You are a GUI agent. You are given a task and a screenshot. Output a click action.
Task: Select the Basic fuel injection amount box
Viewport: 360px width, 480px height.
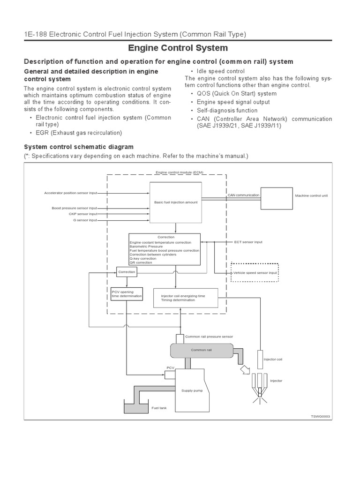pyautogui.click(x=176, y=202)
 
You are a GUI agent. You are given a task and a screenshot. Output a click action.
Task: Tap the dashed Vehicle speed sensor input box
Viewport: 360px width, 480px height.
pyautogui.click(x=255, y=272)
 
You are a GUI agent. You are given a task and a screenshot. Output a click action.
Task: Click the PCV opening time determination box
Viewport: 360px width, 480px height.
pyautogui.click(x=126, y=294)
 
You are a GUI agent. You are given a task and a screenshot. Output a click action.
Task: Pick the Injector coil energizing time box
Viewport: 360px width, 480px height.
pyautogui.click(x=185, y=298)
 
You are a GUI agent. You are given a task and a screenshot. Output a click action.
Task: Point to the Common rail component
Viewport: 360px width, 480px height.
pyautogui.click(x=201, y=350)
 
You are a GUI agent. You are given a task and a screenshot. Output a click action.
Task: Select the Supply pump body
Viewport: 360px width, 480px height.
pyautogui.click(x=189, y=389)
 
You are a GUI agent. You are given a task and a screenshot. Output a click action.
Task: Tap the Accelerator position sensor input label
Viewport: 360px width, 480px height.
pyautogui.click(x=70, y=193)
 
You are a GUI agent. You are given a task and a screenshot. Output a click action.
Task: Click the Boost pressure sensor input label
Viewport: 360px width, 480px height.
pyautogui.click(x=74, y=208)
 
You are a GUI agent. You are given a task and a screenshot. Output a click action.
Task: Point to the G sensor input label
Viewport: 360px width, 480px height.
pyautogui.click(x=84, y=219)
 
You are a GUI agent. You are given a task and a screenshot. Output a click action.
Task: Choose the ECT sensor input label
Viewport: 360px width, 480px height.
pyautogui.click(x=248, y=242)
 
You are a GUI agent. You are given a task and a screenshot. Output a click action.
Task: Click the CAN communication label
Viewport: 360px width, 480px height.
pyautogui.click(x=243, y=195)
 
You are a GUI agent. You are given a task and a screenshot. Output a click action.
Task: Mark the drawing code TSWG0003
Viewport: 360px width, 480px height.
pyautogui.click(x=320, y=416)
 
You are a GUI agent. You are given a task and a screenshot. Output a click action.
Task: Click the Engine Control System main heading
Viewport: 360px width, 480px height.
pyautogui.click(x=178, y=48)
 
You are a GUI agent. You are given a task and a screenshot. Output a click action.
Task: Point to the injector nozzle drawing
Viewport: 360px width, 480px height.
pyautogui.click(x=258, y=387)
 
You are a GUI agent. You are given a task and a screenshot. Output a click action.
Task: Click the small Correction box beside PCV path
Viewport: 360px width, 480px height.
pyautogui.click(x=126, y=271)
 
